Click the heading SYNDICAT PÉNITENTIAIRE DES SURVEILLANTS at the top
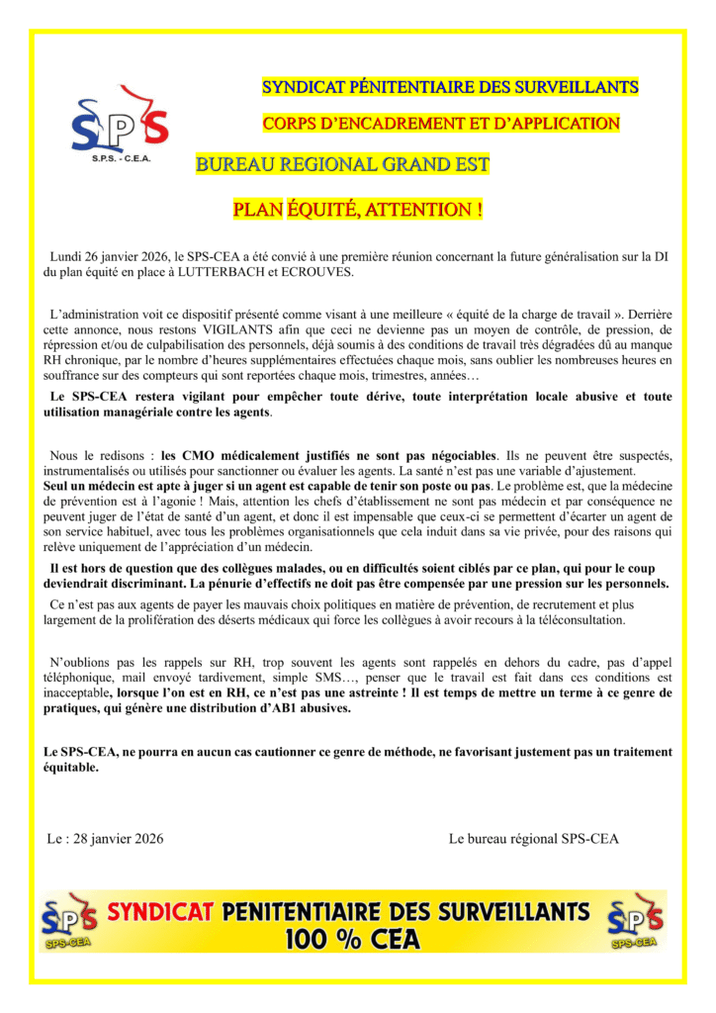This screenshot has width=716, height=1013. point(450,87)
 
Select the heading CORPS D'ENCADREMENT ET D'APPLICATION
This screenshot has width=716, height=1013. point(441,124)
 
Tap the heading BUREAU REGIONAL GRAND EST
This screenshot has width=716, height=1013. point(343,164)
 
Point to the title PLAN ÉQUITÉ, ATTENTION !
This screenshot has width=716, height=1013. point(357,210)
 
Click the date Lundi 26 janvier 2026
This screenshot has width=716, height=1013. point(112,257)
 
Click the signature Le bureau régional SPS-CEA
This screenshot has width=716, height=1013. point(533,839)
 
